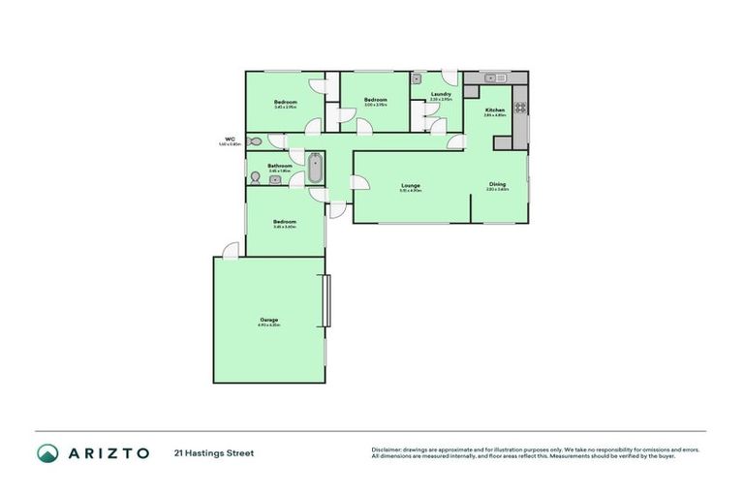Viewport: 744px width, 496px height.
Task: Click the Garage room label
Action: coord(268,320)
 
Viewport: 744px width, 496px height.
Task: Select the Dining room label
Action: coord(497,183)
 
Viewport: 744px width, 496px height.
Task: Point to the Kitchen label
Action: coord(494,110)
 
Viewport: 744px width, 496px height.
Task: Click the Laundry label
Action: coord(441,94)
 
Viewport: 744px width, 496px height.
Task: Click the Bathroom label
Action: coord(280,166)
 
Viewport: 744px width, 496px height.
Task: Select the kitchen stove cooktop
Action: coord(520,108)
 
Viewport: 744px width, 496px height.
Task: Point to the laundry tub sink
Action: coord(418,81)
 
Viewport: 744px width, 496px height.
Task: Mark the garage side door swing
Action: coord(230,250)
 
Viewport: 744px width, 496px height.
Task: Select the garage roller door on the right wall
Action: coord(326,301)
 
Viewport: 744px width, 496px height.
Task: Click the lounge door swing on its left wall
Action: coord(358,186)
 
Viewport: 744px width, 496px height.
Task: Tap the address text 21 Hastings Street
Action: coord(213,452)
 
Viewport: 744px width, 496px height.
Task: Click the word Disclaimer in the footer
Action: coord(386,449)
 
